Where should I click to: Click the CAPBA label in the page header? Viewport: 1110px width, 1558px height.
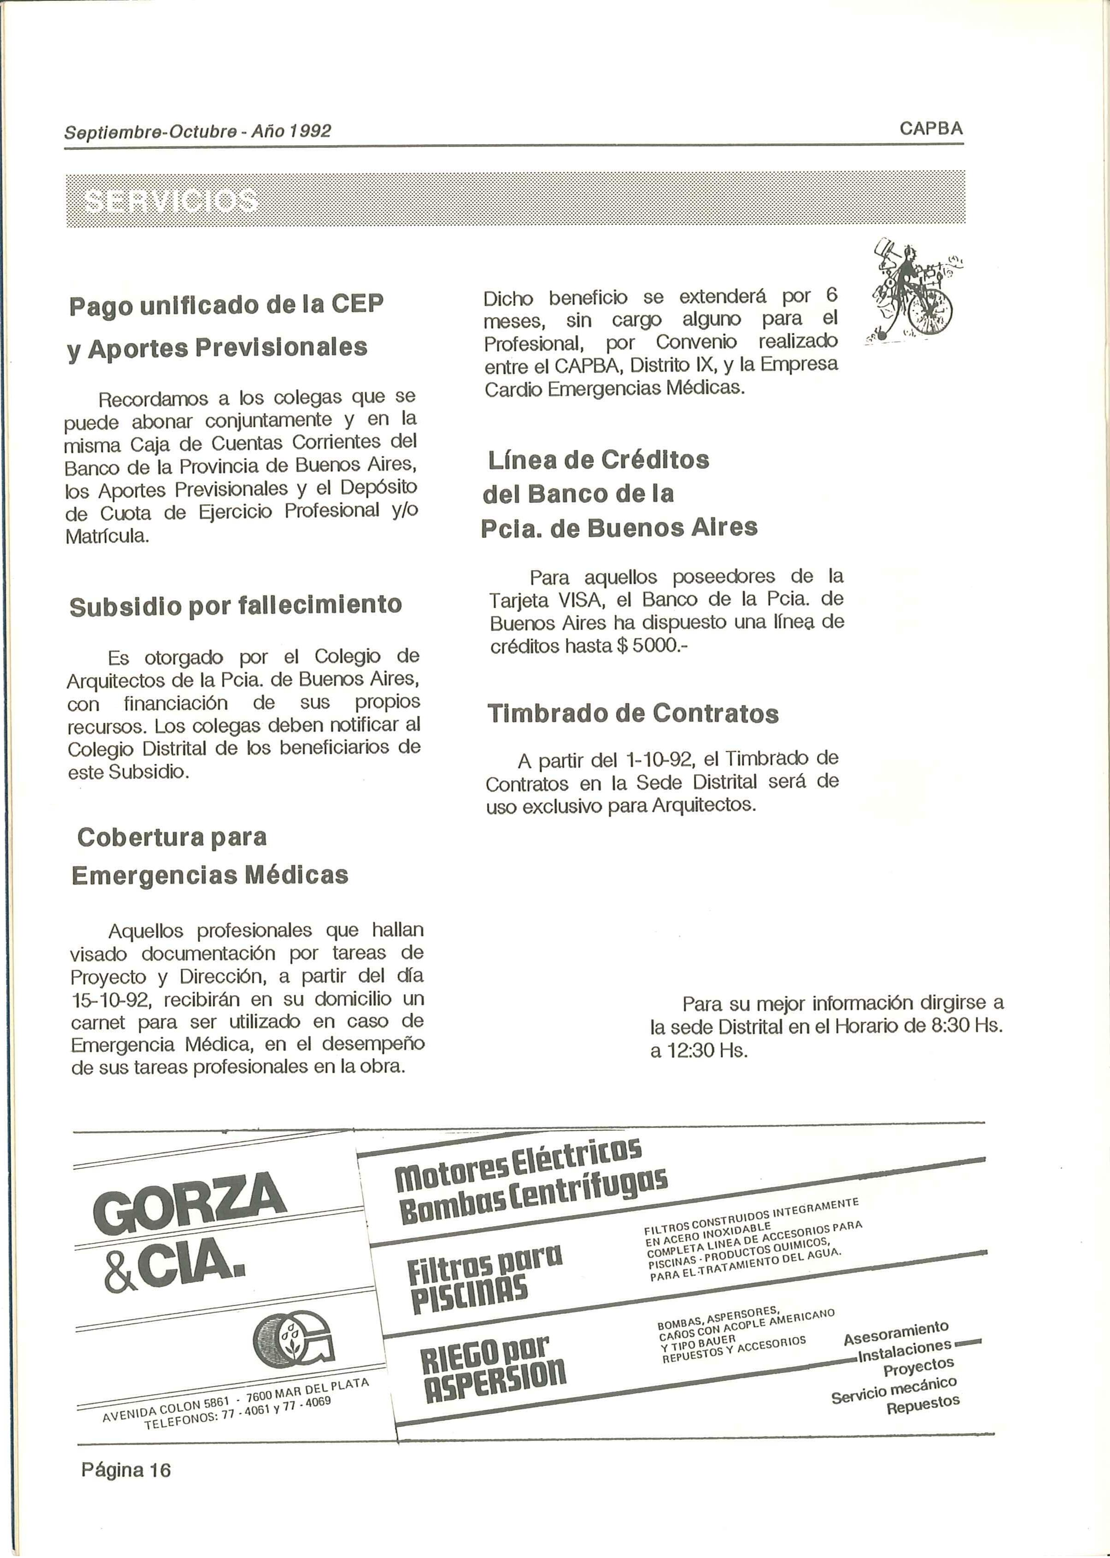pos(931,129)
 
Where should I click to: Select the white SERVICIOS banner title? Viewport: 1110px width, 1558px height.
pos(171,201)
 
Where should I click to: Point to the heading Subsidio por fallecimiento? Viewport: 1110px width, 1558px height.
pos(236,605)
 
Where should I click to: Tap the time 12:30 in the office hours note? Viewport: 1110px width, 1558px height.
pos(697,1050)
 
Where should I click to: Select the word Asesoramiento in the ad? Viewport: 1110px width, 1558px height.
pos(895,1333)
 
